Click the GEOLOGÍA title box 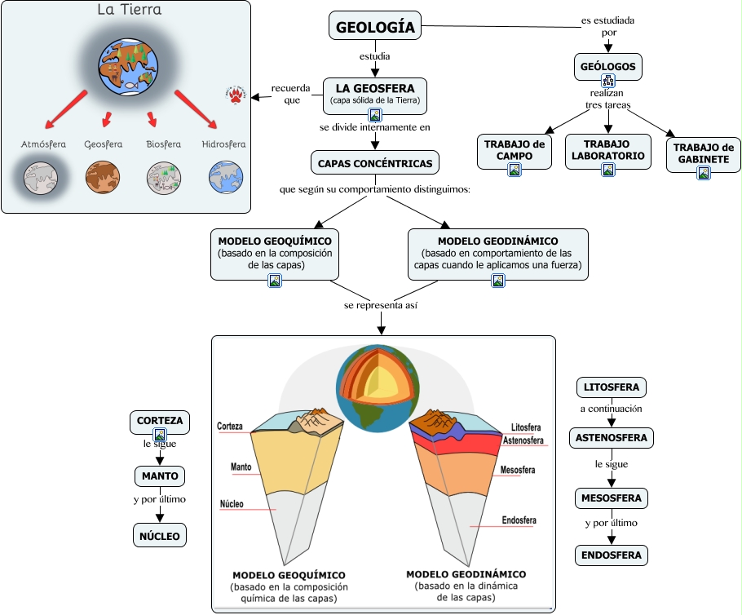tap(375, 25)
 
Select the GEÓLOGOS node tap(608, 67)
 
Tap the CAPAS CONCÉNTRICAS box tap(375, 163)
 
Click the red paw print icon tap(236, 95)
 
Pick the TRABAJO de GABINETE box tap(704, 153)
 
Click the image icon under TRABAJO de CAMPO tap(515, 170)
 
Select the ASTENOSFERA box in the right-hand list tap(612, 437)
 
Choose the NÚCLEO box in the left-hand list tap(160, 535)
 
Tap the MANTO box tap(160, 476)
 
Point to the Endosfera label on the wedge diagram tap(519, 520)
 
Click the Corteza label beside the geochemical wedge tap(229, 426)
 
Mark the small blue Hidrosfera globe tap(226, 178)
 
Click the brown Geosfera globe tap(103, 178)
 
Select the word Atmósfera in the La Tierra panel tap(43, 144)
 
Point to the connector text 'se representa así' tap(381, 305)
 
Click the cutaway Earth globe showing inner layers tap(378, 388)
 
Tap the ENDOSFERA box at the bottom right tap(612, 555)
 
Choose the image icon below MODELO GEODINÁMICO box tap(498, 281)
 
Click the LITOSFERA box tap(612, 387)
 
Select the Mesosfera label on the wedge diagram tap(518, 470)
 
